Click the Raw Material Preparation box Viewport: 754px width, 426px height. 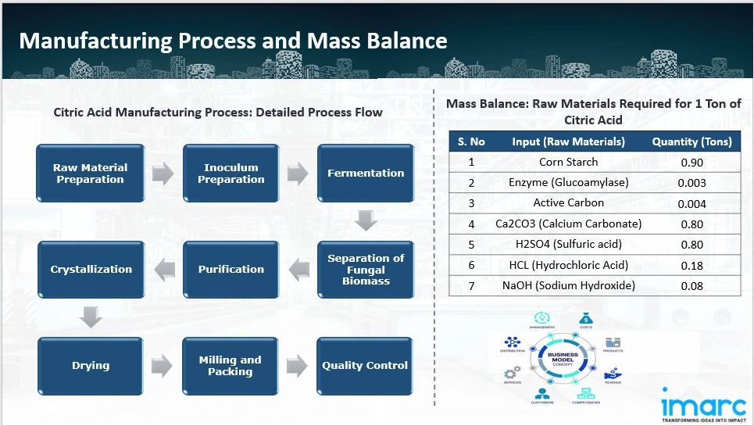click(90, 173)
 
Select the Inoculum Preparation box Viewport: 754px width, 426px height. click(230, 173)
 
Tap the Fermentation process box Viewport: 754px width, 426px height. click(365, 173)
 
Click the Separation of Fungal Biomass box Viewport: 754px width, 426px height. click(365, 269)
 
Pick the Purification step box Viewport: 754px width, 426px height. click(230, 269)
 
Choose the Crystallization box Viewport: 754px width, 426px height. click(91, 269)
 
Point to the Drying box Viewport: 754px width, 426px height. click(91, 365)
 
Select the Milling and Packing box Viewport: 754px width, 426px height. click(230, 365)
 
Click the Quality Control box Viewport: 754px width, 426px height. click(365, 365)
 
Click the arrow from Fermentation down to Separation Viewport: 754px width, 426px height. click(366, 221)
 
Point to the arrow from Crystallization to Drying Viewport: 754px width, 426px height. click(91, 317)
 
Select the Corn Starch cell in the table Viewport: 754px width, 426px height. click(568, 163)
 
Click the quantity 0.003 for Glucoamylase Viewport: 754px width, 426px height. click(691, 183)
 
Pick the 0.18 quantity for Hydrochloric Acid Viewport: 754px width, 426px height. click(691, 265)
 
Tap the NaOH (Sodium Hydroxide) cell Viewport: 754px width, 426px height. click(568, 285)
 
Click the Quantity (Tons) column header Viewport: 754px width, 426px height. click(691, 141)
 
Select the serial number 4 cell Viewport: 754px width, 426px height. click(471, 224)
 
